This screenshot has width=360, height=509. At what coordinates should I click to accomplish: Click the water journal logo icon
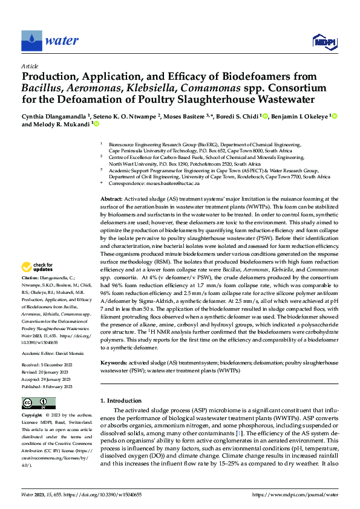point(31,41)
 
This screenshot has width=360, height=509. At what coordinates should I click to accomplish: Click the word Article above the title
point(30,65)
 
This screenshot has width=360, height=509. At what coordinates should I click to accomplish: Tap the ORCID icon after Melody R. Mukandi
point(95,125)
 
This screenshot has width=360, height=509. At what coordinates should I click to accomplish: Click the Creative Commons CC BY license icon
point(39,403)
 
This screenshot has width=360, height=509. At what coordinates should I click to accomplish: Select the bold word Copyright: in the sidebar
point(33,416)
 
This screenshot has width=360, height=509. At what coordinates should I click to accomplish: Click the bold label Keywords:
point(114,363)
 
